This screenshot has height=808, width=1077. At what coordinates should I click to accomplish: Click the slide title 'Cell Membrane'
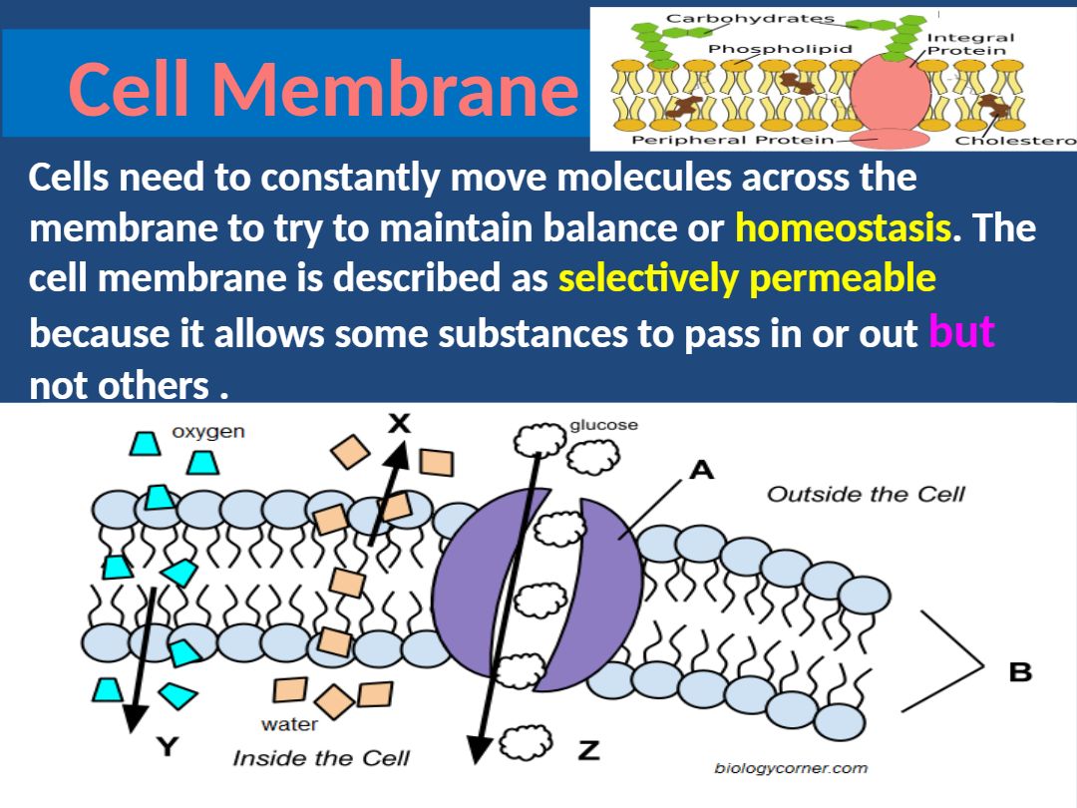point(323,89)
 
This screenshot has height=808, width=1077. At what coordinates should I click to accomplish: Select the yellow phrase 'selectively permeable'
point(747,279)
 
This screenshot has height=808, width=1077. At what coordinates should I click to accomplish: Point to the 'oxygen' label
point(208,432)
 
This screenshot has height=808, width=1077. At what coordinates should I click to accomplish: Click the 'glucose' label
point(603,425)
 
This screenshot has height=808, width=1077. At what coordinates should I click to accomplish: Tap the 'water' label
point(289,724)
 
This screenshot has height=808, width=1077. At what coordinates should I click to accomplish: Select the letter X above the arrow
point(399,423)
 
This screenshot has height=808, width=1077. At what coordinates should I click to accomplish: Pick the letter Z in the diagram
point(589,749)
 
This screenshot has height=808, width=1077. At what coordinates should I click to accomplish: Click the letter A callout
point(702,470)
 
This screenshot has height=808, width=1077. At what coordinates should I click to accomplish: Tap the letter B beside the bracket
point(1020,672)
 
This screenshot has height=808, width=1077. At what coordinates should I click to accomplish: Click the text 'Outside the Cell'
point(866,494)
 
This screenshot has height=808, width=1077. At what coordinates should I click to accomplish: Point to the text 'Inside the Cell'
point(321,758)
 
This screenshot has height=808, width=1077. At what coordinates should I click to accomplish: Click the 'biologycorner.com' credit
point(791,768)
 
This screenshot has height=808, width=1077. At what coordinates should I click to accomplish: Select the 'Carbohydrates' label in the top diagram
point(750,18)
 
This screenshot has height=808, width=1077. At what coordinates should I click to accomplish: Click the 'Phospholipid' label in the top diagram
point(781,48)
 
